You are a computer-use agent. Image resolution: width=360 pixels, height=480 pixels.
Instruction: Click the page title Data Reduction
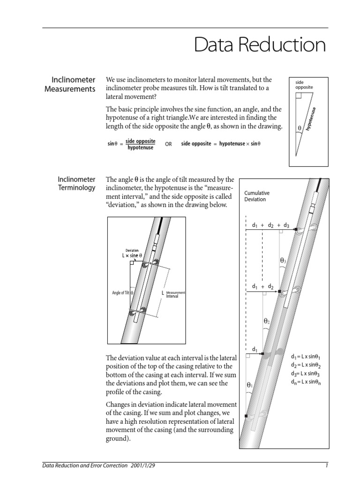pos(260,45)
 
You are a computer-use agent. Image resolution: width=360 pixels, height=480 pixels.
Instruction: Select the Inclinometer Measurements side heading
pos(70,84)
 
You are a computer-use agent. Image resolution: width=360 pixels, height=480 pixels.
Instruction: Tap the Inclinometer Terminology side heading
pos(76,183)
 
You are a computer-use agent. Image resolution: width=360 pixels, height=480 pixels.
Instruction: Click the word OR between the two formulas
pos(168,144)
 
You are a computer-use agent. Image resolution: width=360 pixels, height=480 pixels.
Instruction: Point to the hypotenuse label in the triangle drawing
pos(311,119)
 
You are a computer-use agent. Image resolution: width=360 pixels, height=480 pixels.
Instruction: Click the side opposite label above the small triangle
pos(304,84)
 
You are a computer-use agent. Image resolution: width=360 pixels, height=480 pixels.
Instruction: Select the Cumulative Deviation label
pos(257,196)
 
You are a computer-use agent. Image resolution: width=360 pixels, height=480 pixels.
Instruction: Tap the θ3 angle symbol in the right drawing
pos(283,260)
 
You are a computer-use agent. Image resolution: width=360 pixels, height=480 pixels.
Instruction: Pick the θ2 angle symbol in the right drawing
pos(266,321)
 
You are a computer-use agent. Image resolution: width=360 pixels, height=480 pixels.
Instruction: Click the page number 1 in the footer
pos(326,465)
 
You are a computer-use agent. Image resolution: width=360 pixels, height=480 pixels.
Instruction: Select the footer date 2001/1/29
pos(143,465)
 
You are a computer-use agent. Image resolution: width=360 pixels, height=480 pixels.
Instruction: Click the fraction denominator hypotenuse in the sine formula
pos(140,148)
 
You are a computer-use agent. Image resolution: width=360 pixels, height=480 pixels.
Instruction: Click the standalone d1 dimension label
pos(255,349)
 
